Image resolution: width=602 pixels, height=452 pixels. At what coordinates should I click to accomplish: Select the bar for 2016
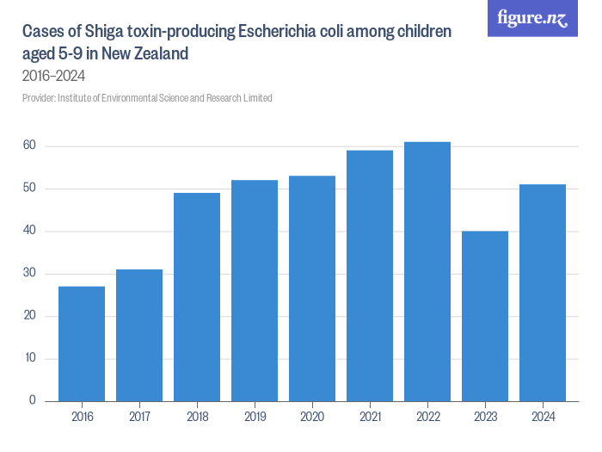tap(82, 344)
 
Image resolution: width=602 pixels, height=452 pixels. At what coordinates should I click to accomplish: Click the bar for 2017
tap(139, 335)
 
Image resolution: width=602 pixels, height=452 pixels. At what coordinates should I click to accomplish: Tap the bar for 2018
tap(197, 297)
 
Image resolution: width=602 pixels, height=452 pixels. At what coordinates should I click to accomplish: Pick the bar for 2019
tap(255, 290)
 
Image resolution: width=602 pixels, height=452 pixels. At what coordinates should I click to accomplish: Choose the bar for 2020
tap(312, 288)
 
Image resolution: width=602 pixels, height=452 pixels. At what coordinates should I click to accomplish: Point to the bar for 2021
tap(370, 276)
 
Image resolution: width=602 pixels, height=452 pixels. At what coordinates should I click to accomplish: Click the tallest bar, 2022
tap(427, 271)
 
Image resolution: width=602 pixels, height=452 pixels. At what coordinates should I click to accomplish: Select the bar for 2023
tap(485, 316)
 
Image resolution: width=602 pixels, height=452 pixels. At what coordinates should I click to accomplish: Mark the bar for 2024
tap(543, 293)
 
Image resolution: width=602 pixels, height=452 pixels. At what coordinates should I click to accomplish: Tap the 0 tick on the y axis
tap(32, 400)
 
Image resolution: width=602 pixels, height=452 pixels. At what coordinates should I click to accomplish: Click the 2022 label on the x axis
tap(427, 418)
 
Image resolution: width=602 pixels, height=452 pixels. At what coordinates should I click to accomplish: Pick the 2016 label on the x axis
tap(82, 418)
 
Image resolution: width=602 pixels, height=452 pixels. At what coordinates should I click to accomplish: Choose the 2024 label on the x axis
tap(543, 418)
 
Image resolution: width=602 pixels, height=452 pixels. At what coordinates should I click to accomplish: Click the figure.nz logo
tap(533, 18)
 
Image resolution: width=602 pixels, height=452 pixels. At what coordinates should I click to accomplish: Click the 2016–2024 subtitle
tap(53, 76)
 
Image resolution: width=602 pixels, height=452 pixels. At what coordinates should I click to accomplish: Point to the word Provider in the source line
tap(39, 98)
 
